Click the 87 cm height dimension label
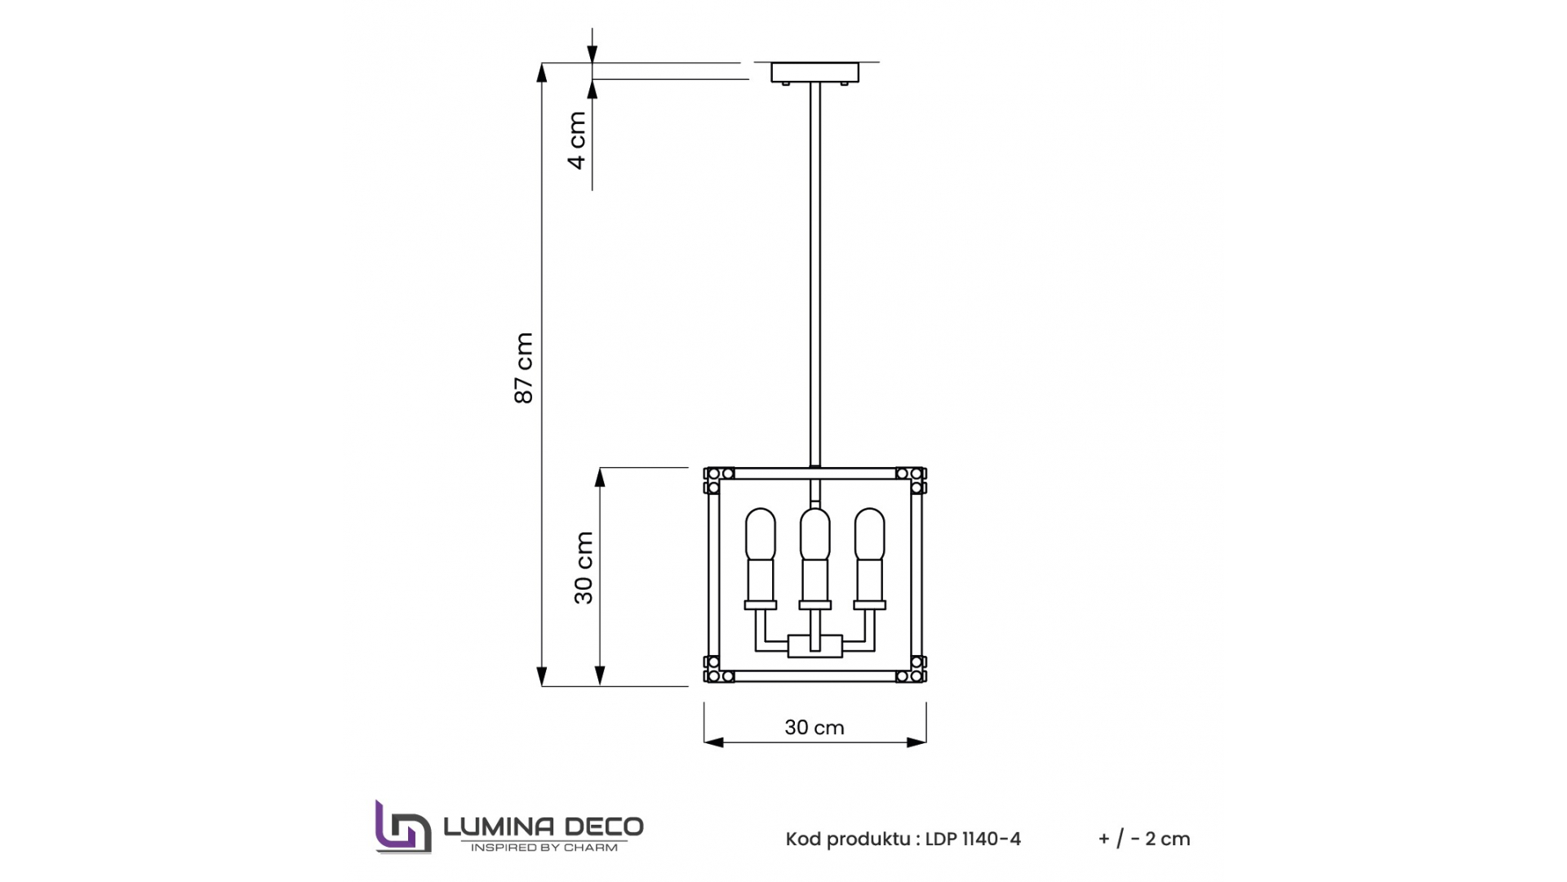click(x=524, y=367)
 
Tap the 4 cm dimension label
click(x=577, y=140)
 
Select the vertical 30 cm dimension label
click(x=584, y=568)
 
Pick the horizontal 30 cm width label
click(x=814, y=728)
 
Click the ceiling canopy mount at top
click(x=815, y=73)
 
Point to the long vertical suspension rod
click(x=815, y=269)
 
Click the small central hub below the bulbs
click(x=815, y=647)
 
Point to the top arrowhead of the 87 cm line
click(x=541, y=72)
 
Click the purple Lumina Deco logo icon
click(x=402, y=828)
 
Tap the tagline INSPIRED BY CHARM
click(x=544, y=848)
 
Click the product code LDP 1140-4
click(x=973, y=839)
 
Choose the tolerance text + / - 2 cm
click(x=1144, y=839)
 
